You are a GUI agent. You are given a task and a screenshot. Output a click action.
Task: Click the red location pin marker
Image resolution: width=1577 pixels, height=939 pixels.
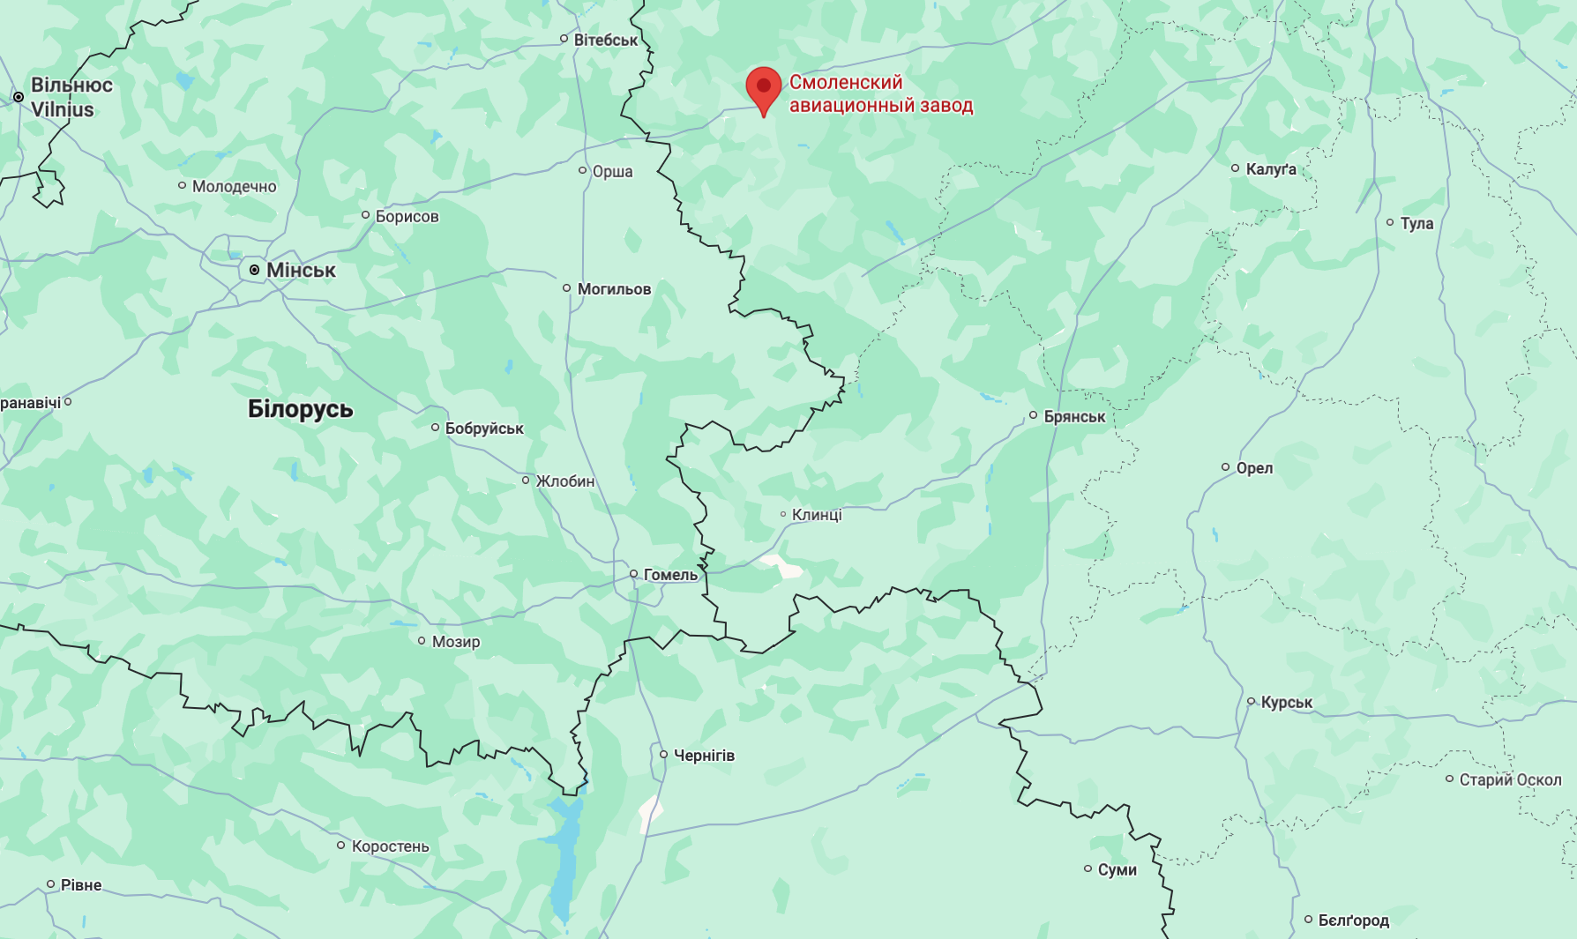point(763,87)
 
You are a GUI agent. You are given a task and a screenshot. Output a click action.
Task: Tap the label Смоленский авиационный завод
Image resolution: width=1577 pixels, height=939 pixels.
point(880,93)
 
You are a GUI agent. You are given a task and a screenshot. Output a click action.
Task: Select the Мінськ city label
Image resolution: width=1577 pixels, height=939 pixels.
point(301,270)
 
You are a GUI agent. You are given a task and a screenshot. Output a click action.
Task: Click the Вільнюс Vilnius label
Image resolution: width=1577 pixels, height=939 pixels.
point(71,97)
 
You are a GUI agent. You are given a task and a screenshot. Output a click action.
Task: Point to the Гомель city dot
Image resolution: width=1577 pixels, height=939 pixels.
point(633,574)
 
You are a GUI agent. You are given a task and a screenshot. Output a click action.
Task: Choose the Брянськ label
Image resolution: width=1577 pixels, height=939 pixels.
point(1074,416)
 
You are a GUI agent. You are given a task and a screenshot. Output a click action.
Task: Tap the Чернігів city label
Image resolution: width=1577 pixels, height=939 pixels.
point(704,755)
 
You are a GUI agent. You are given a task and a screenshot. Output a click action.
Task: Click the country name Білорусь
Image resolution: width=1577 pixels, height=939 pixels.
point(300,409)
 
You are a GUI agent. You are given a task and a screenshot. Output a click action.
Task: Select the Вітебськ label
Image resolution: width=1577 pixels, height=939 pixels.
point(605,40)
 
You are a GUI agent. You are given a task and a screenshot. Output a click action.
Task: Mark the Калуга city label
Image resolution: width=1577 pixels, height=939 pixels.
point(1271,168)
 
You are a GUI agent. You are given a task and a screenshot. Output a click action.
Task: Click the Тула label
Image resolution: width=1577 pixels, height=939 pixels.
point(1416,223)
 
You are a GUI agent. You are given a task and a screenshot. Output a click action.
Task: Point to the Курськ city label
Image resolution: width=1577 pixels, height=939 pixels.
point(1286,702)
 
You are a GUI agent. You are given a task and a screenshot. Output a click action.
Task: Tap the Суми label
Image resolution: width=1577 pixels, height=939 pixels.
point(1117,869)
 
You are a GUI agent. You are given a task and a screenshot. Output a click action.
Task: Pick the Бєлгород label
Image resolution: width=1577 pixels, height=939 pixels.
point(1353,920)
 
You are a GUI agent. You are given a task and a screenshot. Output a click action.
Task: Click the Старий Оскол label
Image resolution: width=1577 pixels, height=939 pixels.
point(1510,779)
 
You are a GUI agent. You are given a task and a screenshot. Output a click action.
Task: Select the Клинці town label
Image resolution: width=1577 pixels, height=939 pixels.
point(817,514)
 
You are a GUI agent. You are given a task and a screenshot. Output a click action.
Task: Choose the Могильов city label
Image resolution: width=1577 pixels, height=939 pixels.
point(614,288)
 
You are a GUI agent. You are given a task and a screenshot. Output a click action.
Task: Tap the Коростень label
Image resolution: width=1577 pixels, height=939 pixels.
point(390,846)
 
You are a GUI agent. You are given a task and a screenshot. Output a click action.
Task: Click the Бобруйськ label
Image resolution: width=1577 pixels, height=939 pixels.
point(484,428)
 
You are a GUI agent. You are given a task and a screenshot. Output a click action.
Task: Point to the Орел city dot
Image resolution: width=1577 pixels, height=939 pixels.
point(1225,467)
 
